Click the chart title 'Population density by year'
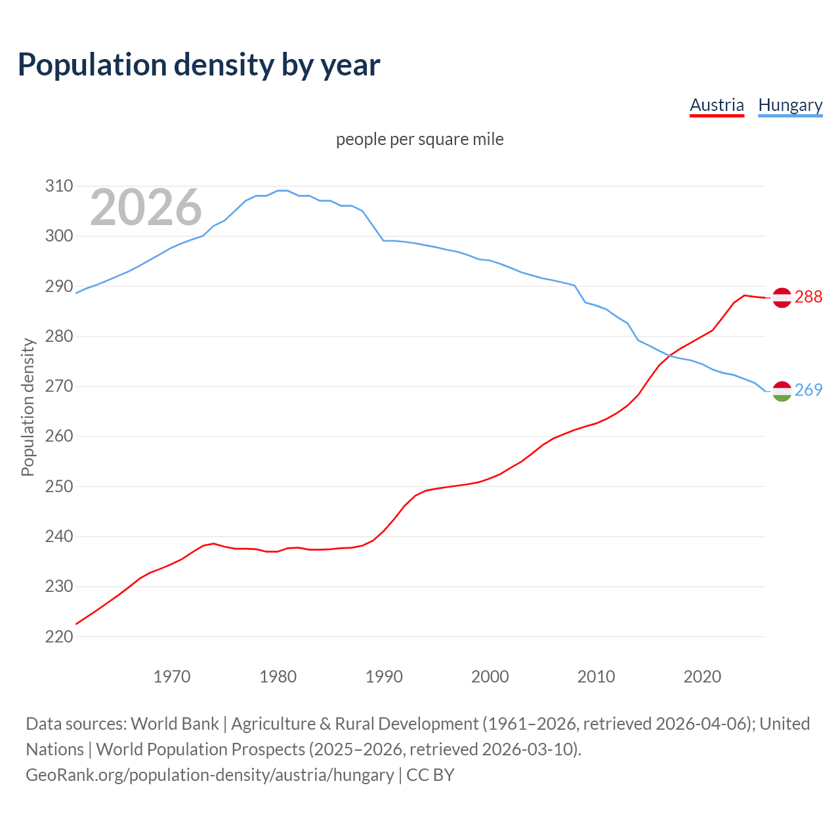[x=199, y=64]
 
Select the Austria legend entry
[x=717, y=105]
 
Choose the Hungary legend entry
[x=790, y=105]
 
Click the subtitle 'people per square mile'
[x=420, y=139]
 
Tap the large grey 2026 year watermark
[x=146, y=207]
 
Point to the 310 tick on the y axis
[x=59, y=186]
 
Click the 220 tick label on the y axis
[x=59, y=637]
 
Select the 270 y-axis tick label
[x=59, y=387]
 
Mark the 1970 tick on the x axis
[x=172, y=677]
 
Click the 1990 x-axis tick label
[x=384, y=677]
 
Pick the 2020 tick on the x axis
[x=702, y=677]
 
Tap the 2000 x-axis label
[x=490, y=677]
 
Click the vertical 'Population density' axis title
[x=28, y=407]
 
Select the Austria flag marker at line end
[x=782, y=297]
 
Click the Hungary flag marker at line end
[x=782, y=391]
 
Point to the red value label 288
[x=808, y=297]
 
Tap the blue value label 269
[x=808, y=390]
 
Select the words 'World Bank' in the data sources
[x=175, y=724]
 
